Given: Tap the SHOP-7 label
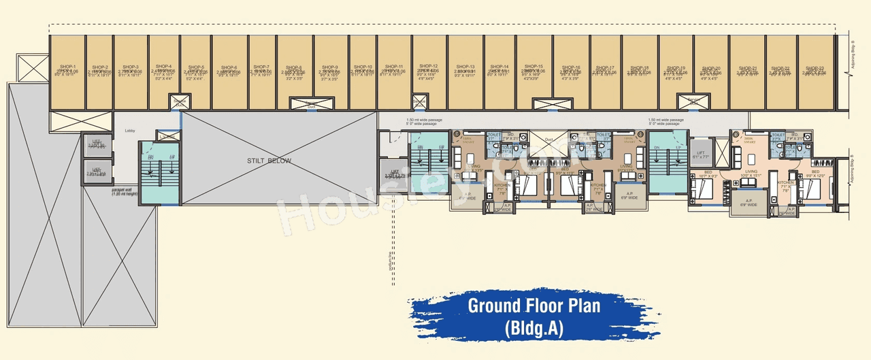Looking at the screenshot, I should [263, 67].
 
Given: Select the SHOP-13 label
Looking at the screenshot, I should [466, 67].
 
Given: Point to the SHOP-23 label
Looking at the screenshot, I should [815, 68].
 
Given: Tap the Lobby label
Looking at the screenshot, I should [131, 131].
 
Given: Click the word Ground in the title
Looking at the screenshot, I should [498, 306].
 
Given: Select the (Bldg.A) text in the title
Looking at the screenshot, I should [533, 329].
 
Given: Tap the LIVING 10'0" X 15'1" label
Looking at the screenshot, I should [751, 174].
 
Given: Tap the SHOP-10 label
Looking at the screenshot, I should [361, 67].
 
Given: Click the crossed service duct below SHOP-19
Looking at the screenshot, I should [693, 103].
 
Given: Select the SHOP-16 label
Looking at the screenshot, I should [570, 67].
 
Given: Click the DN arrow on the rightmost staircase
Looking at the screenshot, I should [657, 148].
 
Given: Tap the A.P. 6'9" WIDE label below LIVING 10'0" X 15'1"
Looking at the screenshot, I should [747, 202].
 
